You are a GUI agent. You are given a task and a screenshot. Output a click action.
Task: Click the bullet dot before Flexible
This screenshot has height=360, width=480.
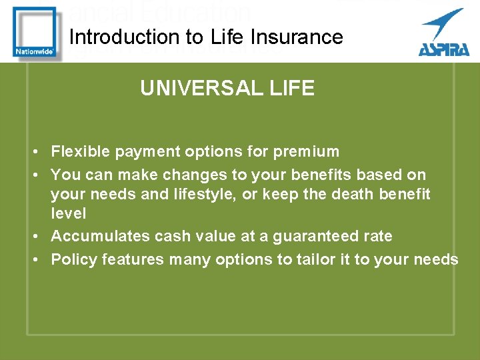(x=33, y=152)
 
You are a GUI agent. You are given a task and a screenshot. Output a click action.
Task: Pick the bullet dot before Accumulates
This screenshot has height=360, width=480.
(x=33, y=236)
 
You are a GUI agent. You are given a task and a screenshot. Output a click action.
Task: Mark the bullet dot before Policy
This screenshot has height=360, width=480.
(x=33, y=259)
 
